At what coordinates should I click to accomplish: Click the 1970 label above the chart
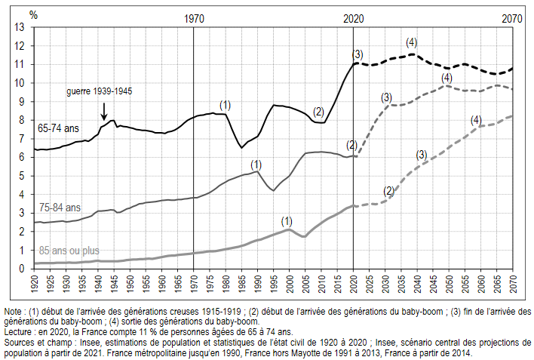tap(194, 19)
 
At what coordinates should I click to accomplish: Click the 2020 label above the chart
tap(354, 19)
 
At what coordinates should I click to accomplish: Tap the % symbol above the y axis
tap(33, 14)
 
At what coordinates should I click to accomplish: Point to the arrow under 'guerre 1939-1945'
tap(104, 111)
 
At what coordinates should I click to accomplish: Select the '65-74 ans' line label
tap(58, 129)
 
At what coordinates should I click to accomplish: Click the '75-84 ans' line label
tap(58, 208)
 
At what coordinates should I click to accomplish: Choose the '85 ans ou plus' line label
tap(69, 250)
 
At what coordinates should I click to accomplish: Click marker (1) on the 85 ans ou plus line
tap(287, 221)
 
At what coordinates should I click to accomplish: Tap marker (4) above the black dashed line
tap(411, 42)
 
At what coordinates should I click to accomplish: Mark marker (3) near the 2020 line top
tap(358, 54)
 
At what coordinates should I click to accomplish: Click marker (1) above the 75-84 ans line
tap(256, 164)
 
